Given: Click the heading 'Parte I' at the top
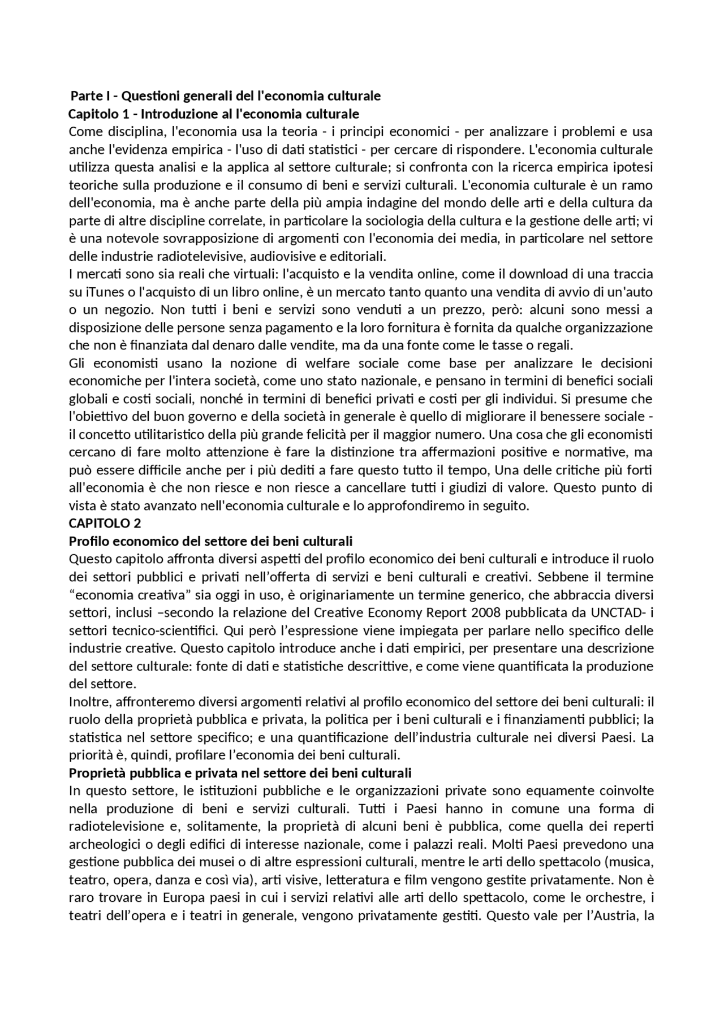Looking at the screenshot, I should [x=89, y=96].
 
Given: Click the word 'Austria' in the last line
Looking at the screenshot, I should [x=613, y=915].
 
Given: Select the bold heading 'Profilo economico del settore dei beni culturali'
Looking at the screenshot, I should [x=210, y=541].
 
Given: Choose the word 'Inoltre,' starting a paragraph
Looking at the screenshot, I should [x=92, y=702].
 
